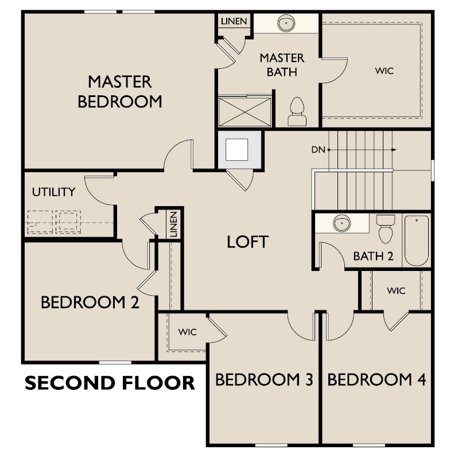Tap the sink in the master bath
point(285,24)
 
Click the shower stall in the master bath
point(245,110)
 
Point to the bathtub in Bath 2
point(417,240)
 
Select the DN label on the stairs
point(318,150)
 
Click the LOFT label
point(247,242)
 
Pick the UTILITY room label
point(53,192)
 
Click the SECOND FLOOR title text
point(109,383)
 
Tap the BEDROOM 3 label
point(264,379)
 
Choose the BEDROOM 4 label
point(377,379)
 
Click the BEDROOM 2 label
point(90,302)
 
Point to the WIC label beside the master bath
point(385,71)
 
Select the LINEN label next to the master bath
point(234,21)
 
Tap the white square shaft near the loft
point(237,149)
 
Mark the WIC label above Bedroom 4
point(395,290)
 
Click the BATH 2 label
point(373,256)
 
